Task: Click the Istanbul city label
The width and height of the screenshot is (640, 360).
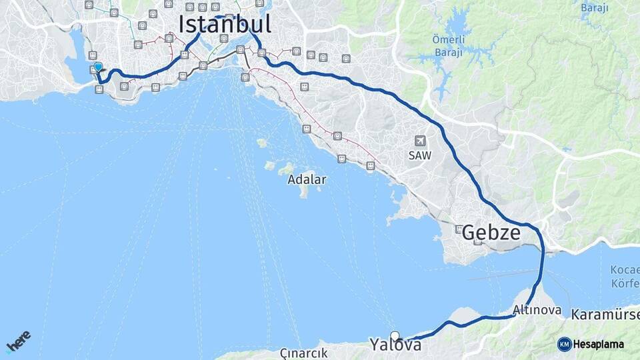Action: (x=225, y=25)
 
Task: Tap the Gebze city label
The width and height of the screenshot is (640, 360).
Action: (x=491, y=233)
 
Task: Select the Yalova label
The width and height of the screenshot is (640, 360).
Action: (x=395, y=345)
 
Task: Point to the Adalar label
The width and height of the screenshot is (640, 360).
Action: (x=307, y=179)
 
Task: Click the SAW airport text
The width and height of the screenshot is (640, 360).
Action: (x=420, y=155)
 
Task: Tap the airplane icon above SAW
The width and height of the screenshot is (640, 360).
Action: (x=420, y=141)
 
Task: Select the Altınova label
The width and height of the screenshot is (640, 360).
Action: (x=537, y=311)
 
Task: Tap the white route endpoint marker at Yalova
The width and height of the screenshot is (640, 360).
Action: (x=395, y=336)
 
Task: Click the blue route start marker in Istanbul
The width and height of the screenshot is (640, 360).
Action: (x=98, y=67)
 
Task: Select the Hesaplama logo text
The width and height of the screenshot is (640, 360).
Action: (x=599, y=344)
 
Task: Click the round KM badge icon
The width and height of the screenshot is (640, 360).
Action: (x=565, y=344)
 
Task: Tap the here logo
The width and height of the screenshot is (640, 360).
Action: (x=18, y=341)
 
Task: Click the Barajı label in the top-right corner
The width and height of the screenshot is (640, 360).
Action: (x=595, y=8)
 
